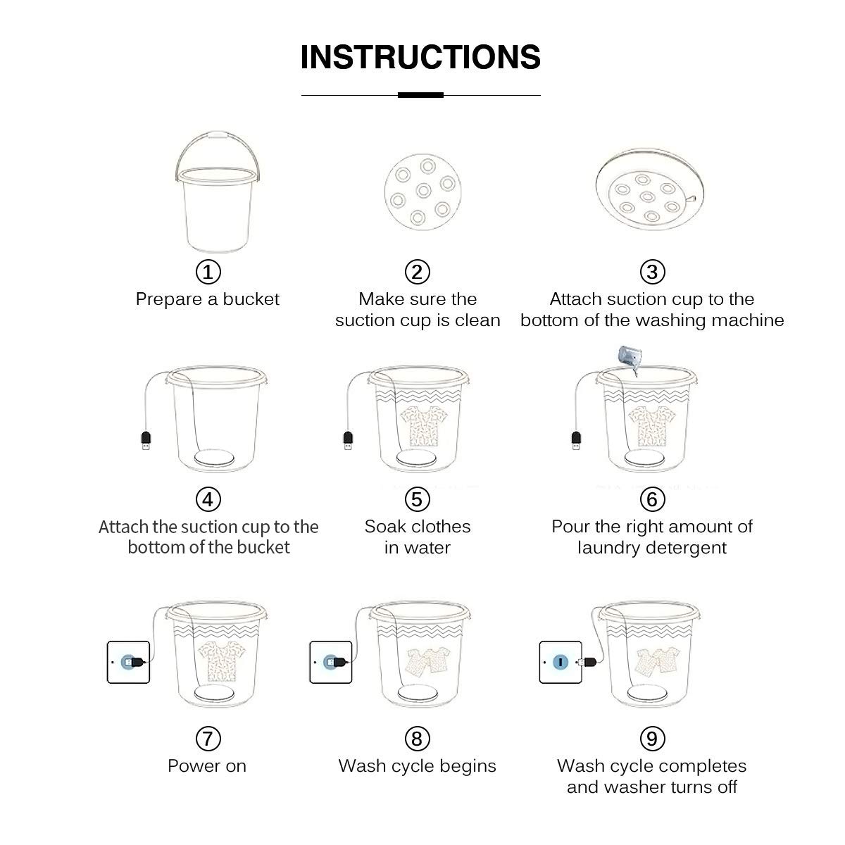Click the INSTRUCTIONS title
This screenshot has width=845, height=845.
(420, 57)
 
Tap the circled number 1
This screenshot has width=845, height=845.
(208, 272)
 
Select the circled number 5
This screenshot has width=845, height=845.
(417, 499)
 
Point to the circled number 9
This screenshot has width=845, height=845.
(652, 739)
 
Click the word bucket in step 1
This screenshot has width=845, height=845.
(251, 299)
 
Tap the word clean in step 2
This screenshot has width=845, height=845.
(477, 320)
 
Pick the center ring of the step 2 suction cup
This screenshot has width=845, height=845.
(424, 190)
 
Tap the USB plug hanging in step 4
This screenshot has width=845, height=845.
(146, 440)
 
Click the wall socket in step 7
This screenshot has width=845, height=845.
(128, 662)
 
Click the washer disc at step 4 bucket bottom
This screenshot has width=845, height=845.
(214, 458)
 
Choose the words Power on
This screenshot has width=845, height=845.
(207, 766)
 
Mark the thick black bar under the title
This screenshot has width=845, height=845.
(420, 95)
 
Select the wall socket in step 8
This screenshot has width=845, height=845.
(331, 662)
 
